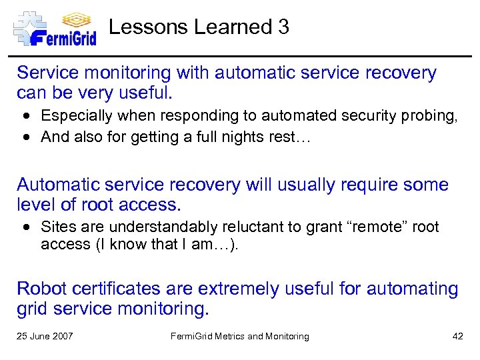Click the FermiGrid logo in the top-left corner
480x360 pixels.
click(55, 28)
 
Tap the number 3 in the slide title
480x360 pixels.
click(283, 27)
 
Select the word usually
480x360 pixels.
click(272, 185)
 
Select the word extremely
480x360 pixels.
click(235, 289)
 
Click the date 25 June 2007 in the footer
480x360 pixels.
click(45, 337)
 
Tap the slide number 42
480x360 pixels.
click(457, 337)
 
